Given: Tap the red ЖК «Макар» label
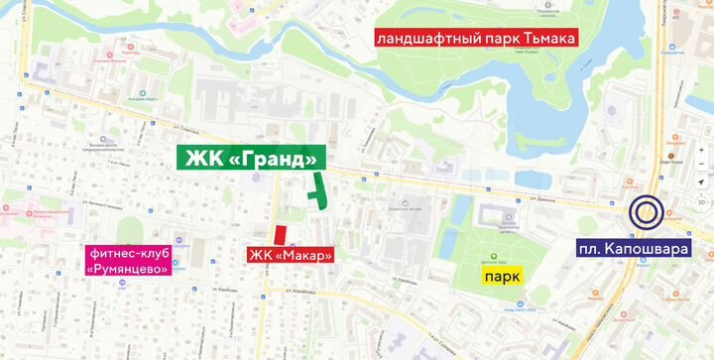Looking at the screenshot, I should click(290, 255).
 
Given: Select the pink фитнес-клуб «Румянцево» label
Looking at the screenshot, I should click(129, 260).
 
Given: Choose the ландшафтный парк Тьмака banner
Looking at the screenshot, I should click(476, 39).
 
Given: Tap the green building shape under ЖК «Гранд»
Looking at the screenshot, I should click(318, 192).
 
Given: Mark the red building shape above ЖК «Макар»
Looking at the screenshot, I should click(281, 235).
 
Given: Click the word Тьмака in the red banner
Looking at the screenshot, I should click(541, 39).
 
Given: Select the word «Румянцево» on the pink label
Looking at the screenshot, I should click(129, 268).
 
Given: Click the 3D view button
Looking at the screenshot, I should click(700, 201).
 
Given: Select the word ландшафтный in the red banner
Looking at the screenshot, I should click(429, 39).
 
